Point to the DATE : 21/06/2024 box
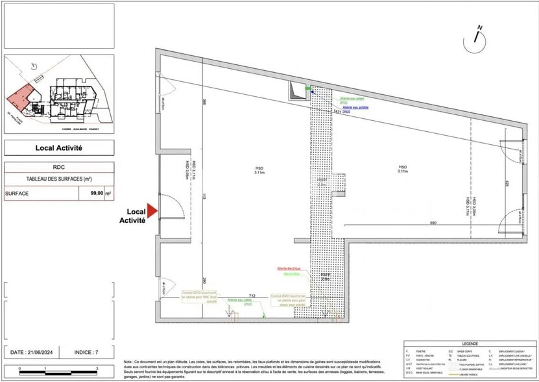32,352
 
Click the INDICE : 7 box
88,352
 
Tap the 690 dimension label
433,223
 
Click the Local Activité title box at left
59,147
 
